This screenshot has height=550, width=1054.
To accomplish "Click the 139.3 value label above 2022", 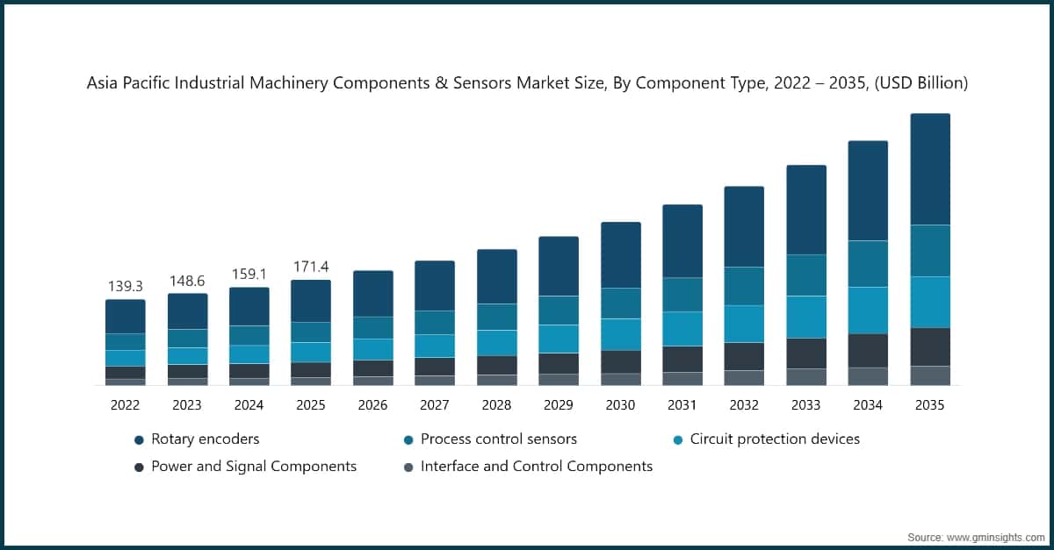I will click(125, 286).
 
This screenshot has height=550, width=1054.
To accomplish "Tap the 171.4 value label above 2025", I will click(311, 266).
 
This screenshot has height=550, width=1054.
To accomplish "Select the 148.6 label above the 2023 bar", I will click(187, 280).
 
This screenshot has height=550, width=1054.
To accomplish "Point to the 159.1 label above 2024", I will click(249, 274).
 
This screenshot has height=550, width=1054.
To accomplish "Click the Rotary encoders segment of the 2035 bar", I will click(929, 169).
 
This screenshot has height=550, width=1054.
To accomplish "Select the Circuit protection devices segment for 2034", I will click(868, 310).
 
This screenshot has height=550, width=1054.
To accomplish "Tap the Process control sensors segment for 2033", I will click(805, 275).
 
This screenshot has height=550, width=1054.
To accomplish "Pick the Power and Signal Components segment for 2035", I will click(929, 346).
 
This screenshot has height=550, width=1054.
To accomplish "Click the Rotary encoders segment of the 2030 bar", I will click(620, 254).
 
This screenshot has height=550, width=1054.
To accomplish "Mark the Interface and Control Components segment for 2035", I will click(929, 375).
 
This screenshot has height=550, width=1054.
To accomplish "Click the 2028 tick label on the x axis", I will click(496, 405).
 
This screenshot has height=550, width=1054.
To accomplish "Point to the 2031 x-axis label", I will click(682, 405).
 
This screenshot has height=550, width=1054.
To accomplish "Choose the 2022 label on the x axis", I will click(125, 405).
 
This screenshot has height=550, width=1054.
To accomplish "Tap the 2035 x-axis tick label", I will click(929, 405).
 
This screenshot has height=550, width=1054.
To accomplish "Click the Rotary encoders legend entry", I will click(205, 439).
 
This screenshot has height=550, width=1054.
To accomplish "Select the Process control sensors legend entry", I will click(498, 439).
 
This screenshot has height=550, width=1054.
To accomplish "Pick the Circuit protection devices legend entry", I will click(774, 439).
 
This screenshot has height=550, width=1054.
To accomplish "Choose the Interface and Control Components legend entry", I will click(536, 467).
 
